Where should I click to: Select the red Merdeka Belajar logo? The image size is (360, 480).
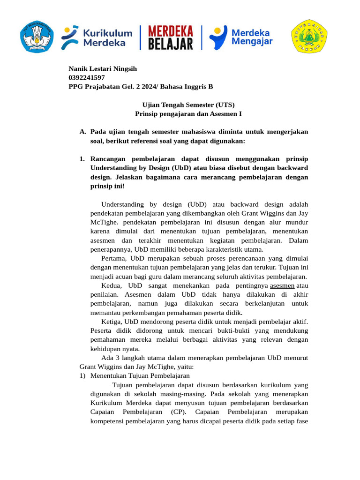171,37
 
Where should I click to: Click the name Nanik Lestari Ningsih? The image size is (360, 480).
103,69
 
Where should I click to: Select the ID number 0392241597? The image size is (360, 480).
87,78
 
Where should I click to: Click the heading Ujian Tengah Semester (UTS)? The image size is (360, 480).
188,105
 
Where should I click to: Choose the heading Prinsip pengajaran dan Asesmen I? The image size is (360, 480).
188,113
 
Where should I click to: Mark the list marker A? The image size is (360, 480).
83,132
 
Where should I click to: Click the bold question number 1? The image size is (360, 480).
82,159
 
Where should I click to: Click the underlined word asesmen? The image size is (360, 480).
283,285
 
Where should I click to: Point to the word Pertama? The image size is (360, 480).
114,258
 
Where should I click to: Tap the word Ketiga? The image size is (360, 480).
112,322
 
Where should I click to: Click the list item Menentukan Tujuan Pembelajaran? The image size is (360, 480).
140,375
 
